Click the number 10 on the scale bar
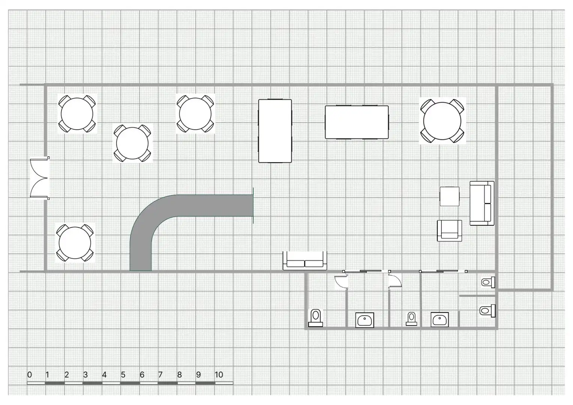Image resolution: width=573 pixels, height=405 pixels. (219, 375)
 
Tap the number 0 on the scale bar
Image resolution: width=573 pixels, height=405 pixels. (30, 375)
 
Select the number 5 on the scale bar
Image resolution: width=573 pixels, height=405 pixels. (123, 375)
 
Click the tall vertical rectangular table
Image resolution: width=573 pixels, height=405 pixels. (275, 131)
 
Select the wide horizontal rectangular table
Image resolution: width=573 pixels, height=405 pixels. (357, 122)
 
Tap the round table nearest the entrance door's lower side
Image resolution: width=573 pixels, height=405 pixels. (75, 243)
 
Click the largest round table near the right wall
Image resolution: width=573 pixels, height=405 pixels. (442, 121)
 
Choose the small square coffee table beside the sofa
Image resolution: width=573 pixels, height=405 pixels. (449, 196)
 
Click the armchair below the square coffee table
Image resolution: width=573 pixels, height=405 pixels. (449, 231)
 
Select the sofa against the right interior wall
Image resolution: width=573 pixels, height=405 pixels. (482, 203)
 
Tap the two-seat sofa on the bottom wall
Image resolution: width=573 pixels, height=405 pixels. (305, 261)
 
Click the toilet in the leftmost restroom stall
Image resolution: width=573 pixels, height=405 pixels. (316, 318)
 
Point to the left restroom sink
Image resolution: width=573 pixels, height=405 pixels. (365, 320)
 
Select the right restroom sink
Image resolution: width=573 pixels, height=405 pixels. (440, 319)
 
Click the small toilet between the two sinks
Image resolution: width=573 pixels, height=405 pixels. (411, 319)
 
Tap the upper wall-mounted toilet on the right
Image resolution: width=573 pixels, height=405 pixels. (488, 282)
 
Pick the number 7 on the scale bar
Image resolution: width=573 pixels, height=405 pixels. (160, 375)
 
